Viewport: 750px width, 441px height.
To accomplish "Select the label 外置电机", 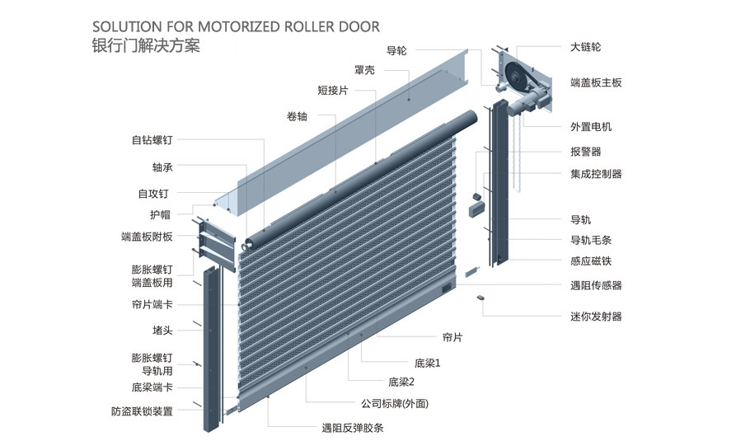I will (x=590, y=127).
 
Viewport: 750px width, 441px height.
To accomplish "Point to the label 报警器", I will (x=585, y=152).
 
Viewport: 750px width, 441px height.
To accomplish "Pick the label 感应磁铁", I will (x=590, y=261).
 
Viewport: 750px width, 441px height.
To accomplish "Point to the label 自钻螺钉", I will (x=152, y=140).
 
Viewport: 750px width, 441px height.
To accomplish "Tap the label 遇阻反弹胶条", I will (x=353, y=428).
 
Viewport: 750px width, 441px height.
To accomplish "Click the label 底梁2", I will (x=401, y=382).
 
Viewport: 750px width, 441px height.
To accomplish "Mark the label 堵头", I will (x=162, y=330).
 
